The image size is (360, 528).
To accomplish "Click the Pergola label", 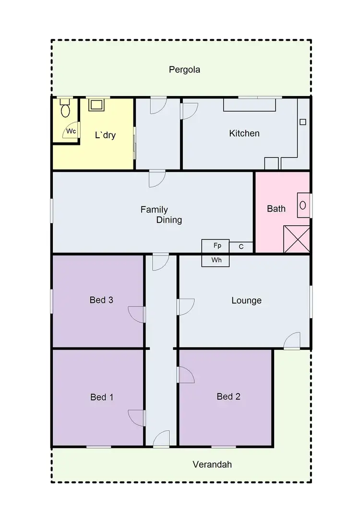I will (x=184, y=70).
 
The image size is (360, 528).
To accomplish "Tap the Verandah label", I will (x=212, y=464).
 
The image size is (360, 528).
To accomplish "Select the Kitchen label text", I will (x=244, y=133).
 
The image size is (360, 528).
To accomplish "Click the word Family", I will (x=154, y=210).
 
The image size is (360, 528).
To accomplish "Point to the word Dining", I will (x=169, y=220).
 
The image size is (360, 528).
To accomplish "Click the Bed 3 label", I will (x=101, y=300).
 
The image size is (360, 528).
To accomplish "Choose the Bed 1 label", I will (x=102, y=397).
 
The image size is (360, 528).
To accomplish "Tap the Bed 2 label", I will (x=228, y=396).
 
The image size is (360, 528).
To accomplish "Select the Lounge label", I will (x=246, y=300).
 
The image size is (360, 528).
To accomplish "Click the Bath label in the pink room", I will (x=276, y=209).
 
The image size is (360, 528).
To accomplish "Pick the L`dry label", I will (x=105, y=135).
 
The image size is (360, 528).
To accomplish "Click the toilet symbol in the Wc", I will (x=66, y=110).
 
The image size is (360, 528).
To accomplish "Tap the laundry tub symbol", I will (x=96, y=105).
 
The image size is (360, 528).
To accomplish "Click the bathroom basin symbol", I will (x=303, y=205).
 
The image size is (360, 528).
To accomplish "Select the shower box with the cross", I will (x=297, y=239).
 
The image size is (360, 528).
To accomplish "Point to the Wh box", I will (x=216, y=260).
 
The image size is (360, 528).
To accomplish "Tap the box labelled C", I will (x=241, y=247).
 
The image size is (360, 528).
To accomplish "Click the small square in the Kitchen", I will (x=303, y=122).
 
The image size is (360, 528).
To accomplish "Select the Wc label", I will (x=71, y=131).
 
